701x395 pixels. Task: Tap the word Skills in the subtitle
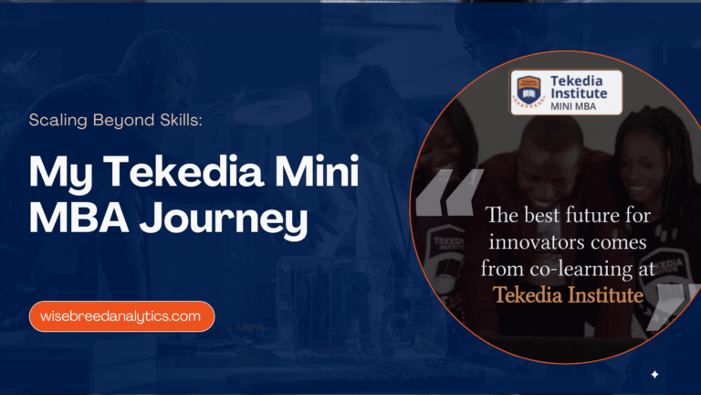click(x=173, y=120)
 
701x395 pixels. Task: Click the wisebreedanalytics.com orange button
click(x=120, y=316)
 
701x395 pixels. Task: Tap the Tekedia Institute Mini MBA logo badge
click(x=566, y=92)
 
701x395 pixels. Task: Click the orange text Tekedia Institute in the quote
click(x=569, y=294)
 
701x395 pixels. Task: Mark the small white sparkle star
click(x=654, y=374)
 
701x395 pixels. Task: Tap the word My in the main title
click(x=54, y=175)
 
